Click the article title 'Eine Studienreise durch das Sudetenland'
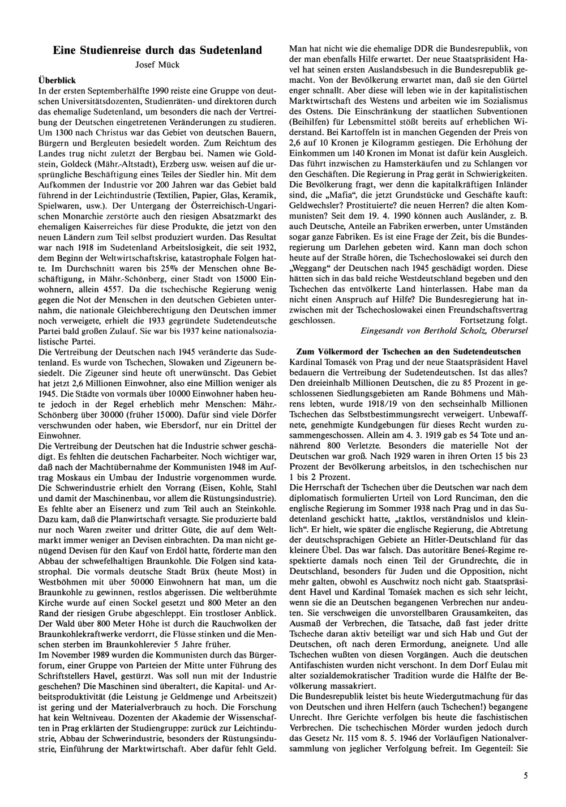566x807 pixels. point(157,50)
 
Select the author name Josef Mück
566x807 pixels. point(157,65)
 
